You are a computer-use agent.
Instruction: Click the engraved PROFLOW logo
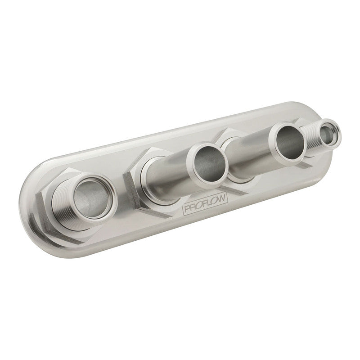pos(205,204)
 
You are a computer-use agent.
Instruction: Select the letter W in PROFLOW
pos(221,199)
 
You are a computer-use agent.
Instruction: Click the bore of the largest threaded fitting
pos(91,198)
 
